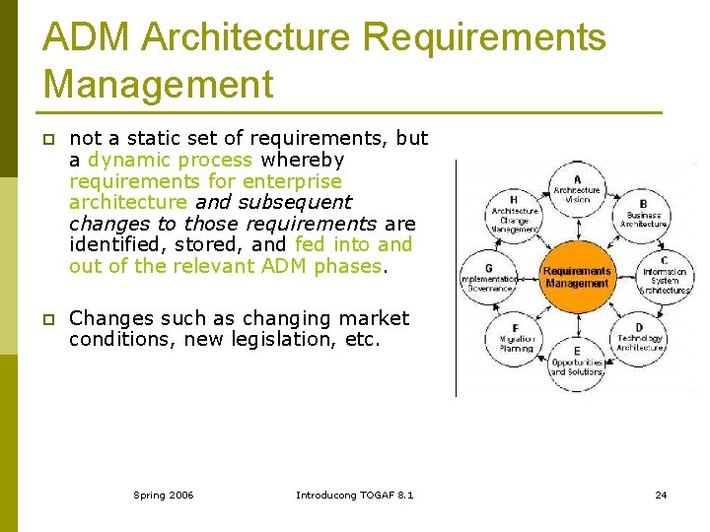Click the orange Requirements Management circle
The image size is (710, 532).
(577, 277)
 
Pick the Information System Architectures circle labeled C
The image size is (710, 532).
(665, 277)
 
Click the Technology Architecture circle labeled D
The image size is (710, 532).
(640, 340)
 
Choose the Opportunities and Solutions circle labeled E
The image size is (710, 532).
(577, 363)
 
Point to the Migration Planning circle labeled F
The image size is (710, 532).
(516, 340)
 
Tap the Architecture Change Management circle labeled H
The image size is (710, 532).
(515, 215)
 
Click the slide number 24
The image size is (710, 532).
(661, 495)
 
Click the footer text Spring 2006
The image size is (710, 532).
(164, 495)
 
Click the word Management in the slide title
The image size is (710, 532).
(158, 85)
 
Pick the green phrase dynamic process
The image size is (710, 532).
(170, 160)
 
